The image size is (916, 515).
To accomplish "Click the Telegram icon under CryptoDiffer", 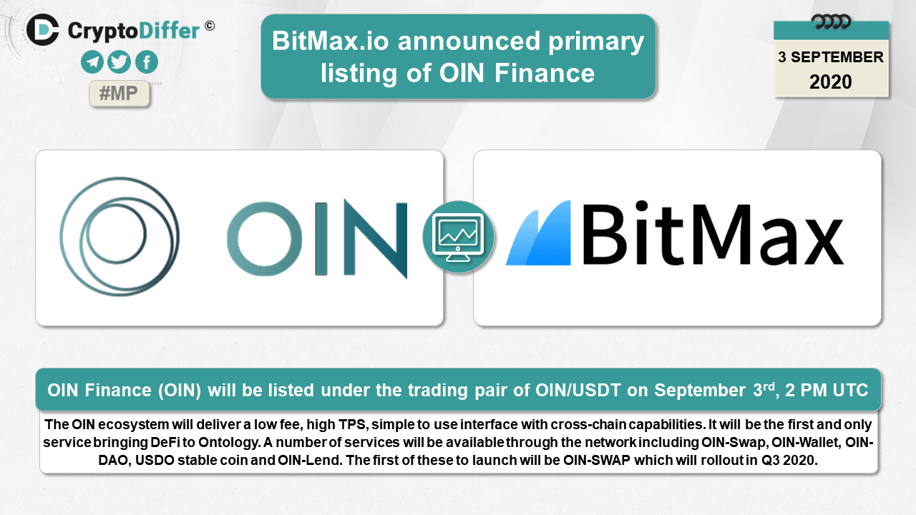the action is (x=92, y=62).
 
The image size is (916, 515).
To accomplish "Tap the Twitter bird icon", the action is (x=119, y=62).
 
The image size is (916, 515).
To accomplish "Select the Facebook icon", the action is (x=147, y=62).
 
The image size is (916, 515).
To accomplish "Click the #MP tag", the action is (x=119, y=94).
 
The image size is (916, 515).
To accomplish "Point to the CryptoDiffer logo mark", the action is (x=42, y=30).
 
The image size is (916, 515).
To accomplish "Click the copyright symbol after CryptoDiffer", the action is (x=210, y=26).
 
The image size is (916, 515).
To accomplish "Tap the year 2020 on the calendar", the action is (x=831, y=82).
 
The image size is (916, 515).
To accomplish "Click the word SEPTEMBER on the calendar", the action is (x=837, y=57).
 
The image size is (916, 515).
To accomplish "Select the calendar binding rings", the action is (x=831, y=21).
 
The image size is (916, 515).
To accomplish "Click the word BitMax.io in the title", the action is (x=331, y=41).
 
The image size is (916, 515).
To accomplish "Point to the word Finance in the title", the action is (x=545, y=73).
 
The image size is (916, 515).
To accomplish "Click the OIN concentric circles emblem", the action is (x=120, y=236).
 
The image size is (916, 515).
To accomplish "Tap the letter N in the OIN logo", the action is (x=376, y=239).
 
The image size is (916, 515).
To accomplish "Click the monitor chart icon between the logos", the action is (x=459, y=237).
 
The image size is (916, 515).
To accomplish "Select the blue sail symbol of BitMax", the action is (x=538, y=232).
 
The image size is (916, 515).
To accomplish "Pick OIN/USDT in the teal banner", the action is (x=578, y=390).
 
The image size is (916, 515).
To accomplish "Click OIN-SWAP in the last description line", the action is (x=597, y=460).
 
